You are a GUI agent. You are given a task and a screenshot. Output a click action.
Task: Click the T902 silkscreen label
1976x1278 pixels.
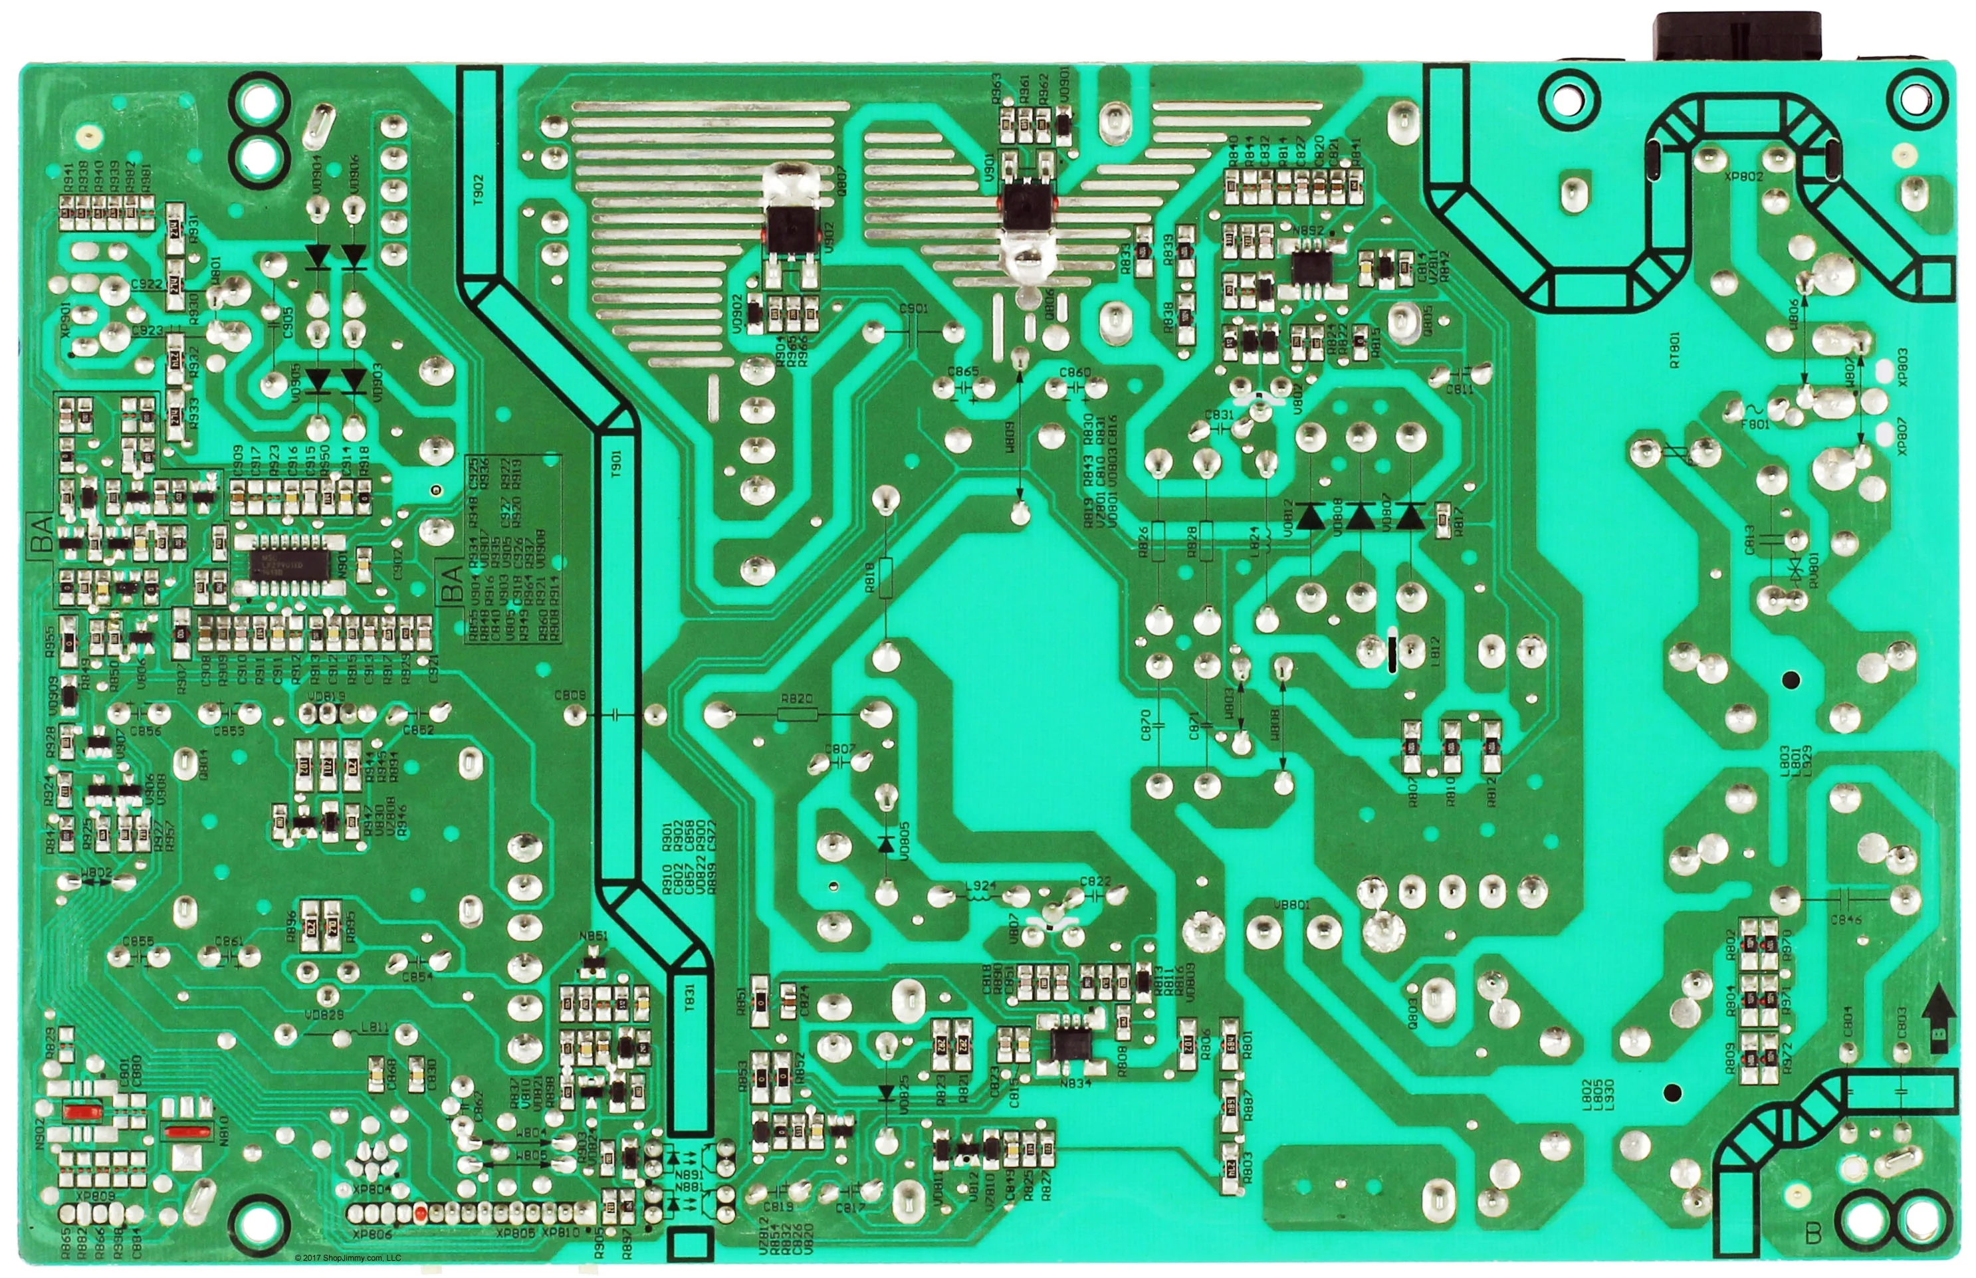(x=479, y=190)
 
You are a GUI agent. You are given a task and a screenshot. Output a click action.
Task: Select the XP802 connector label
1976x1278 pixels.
(x=1743, y=177)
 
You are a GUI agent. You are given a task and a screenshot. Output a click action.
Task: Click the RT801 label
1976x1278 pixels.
(x=1675, y=351)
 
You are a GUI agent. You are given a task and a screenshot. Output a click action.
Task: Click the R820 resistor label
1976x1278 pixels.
(x=798, y=700)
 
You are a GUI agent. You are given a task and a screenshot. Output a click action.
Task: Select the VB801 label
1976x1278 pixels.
(x=1291, y=905)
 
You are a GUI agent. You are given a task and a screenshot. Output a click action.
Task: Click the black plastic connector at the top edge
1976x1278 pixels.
(x=1737, y=37)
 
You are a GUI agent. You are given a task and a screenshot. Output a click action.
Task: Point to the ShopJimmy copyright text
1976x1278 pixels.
(x=348, y=1258)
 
